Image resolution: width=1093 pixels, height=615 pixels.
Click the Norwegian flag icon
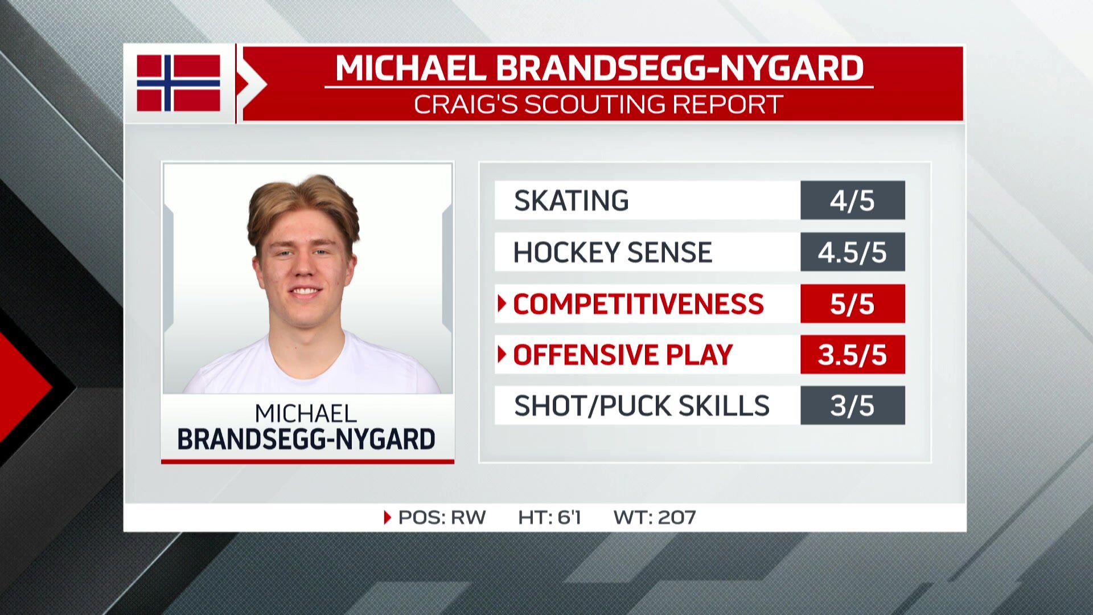pos(178,83)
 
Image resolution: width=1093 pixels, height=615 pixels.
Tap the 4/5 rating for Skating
pos(852,200)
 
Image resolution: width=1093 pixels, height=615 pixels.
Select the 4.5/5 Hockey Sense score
pos(852,252)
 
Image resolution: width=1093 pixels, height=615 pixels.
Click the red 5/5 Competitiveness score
pos(852,304)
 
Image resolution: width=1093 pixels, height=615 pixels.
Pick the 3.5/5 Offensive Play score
pos(852,355)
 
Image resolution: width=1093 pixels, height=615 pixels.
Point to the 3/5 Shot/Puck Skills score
pos(852,405)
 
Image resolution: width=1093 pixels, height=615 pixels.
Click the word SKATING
pos(571,200)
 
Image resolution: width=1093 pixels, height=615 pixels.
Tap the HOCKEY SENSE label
pos(613,252)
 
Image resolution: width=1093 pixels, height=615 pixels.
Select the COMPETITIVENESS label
pos(638,304)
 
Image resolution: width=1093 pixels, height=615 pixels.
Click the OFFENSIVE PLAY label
pos(623,355)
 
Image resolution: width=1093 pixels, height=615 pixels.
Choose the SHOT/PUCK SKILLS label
pos(642,405)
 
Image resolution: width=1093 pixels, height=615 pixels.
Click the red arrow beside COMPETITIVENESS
pos(502,304)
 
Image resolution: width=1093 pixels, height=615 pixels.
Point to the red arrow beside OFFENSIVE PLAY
pos(502,354)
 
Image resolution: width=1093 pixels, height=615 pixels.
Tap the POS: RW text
pos(442,517)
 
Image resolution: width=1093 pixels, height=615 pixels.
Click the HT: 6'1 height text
pos(549,517)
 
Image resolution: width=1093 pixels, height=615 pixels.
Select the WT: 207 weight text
pos(655,517)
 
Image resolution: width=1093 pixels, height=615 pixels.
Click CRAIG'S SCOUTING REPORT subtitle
pos(598,104)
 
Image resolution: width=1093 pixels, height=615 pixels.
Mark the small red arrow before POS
pos(388,517)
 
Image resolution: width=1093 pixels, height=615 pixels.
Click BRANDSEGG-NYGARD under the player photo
pos(306,439)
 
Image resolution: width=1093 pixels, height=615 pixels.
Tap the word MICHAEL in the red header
pos(410,68)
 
